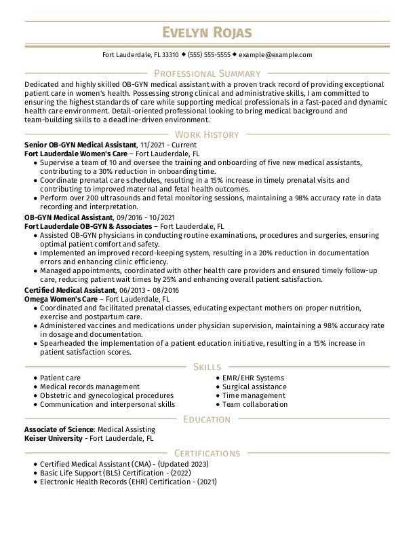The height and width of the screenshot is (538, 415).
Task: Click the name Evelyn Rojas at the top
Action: [207, 33]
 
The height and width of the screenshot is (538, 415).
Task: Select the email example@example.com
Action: [275, 55]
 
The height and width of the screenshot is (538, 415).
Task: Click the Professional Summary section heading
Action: [207, 73]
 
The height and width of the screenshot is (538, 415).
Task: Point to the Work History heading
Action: [207, 134]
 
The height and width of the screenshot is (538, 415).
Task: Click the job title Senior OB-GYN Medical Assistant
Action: [80, 145]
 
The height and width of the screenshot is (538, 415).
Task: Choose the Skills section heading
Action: [207, 367]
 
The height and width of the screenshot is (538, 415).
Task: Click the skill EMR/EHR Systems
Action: [253, 378]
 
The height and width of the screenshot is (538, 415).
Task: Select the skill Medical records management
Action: [90, 387]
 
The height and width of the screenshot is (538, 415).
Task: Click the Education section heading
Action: [207, 419]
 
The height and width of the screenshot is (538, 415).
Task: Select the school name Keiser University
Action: [53, 439]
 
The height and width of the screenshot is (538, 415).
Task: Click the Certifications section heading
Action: [207, 453]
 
